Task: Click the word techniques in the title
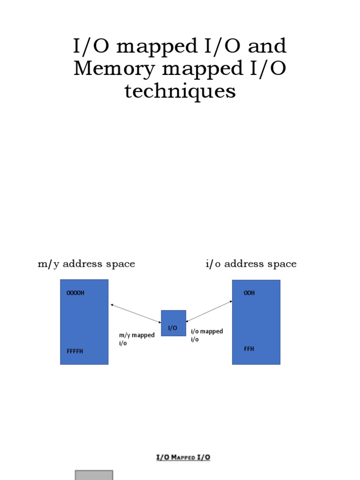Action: click(180, 91)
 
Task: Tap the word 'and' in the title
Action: click(268, 46)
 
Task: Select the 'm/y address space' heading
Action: click(86, 264)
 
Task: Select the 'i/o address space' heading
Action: click(251, 264)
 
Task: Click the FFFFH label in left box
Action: click(75, 351)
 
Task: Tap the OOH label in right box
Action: click(249, 293)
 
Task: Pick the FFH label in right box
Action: click(249, 349)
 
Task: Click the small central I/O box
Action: click(173, 323)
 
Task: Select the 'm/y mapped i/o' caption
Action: click(136, 339)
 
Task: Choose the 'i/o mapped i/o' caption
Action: click(207, 335)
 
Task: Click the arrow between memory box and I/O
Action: click(136, 313)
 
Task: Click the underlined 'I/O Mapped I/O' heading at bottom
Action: click(183, 457)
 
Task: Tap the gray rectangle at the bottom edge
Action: click(94, 475)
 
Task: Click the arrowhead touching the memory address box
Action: click(112, 305)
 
